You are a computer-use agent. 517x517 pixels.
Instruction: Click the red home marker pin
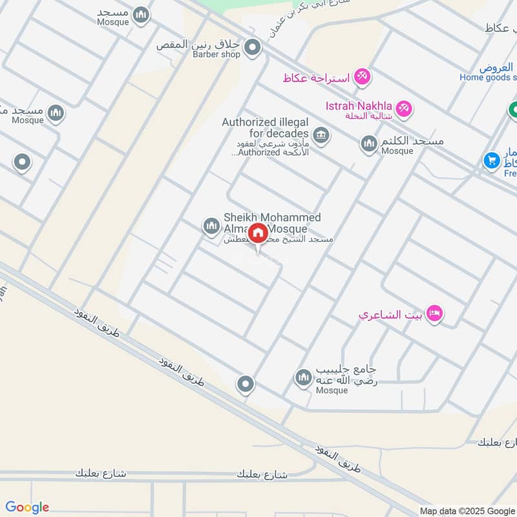(x=258, y=233)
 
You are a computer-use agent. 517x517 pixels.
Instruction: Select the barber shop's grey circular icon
(x=253, y=48)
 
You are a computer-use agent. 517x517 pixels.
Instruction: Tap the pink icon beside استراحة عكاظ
(x=361, y=77)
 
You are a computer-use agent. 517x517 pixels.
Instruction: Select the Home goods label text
(x=488, y=78)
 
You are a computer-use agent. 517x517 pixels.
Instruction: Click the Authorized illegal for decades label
(x=265, y=127)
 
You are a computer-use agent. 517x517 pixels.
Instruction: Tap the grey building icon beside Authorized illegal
(x=320, y=136)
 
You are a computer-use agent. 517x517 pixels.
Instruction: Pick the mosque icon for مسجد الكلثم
(x=369, y=143)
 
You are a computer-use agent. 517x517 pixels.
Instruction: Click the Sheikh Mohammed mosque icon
(x=211, y=226)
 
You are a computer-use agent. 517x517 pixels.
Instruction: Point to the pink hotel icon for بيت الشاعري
(x=436, y=314)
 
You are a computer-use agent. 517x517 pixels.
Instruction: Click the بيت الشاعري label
(x=391, y=315)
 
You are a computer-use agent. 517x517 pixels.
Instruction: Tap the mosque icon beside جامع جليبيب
(x=303, y=377)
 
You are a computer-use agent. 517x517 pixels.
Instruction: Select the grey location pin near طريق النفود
(x=245, y=385)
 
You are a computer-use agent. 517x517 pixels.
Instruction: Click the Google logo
(x=27, y=507)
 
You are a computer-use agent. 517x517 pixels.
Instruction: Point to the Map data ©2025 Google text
(x=476, y=511)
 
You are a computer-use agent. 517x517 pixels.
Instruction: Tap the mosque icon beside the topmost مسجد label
(x=141, y=14)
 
